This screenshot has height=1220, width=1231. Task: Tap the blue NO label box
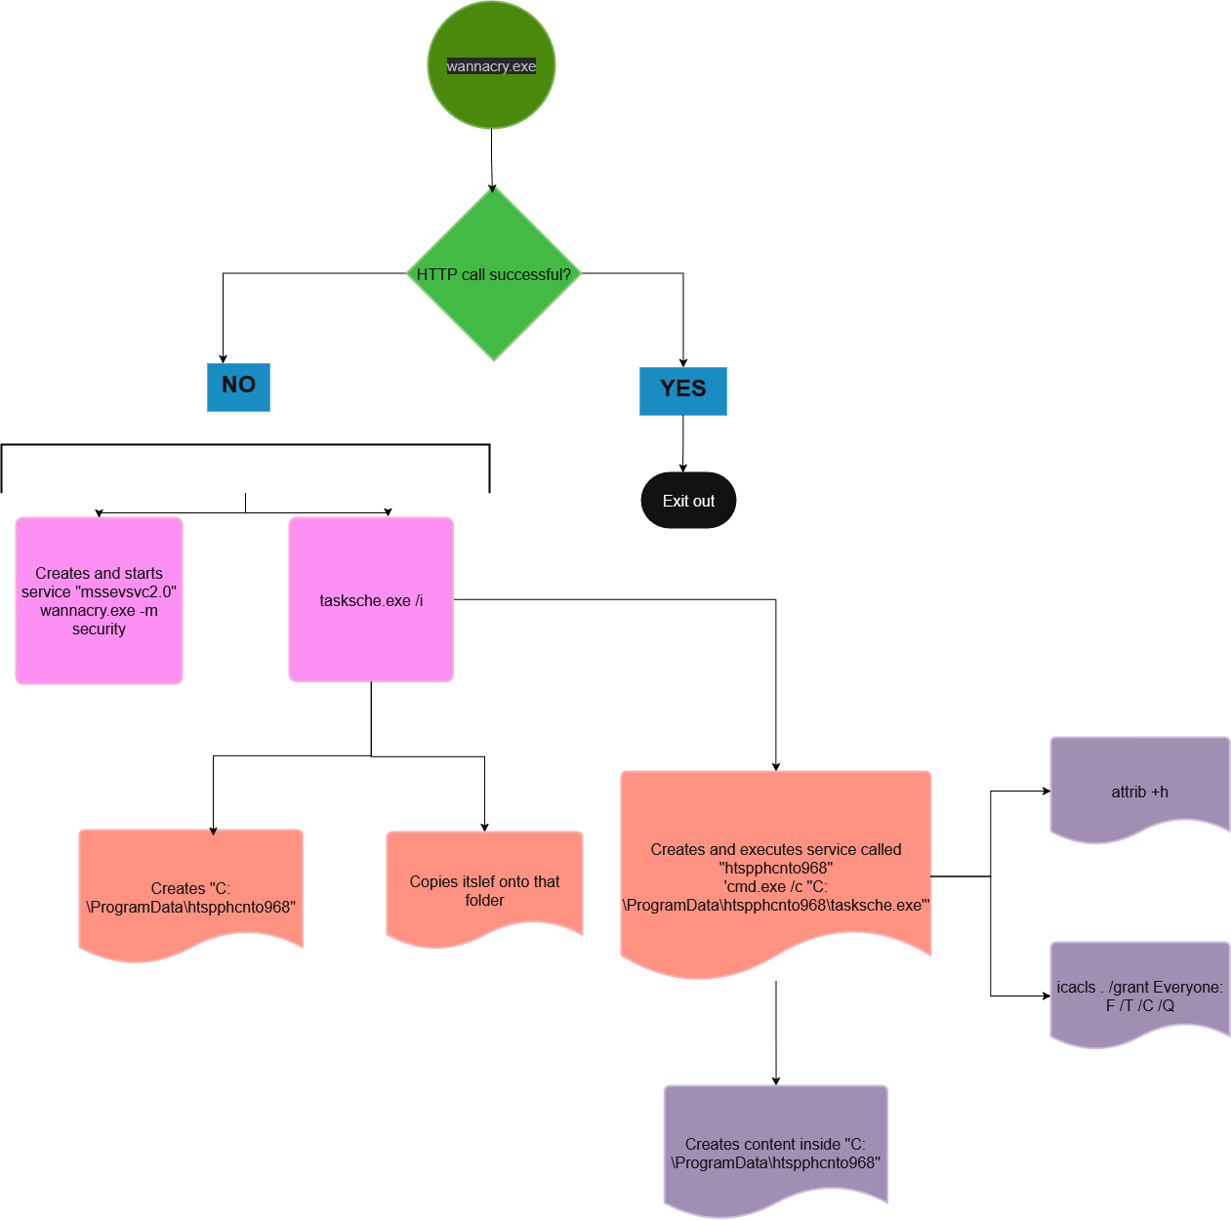(238, 386)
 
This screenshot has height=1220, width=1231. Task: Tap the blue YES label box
(682, 390)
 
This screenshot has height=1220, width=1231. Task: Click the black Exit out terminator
(688, 501)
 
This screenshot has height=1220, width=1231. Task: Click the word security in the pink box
(99, 630)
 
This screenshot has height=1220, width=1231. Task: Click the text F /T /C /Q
(1139, 1006)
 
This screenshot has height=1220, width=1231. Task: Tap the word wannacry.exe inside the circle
(491, 66)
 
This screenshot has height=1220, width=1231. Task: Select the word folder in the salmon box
(484, 901)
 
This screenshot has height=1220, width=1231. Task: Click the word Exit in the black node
(675, 501)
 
